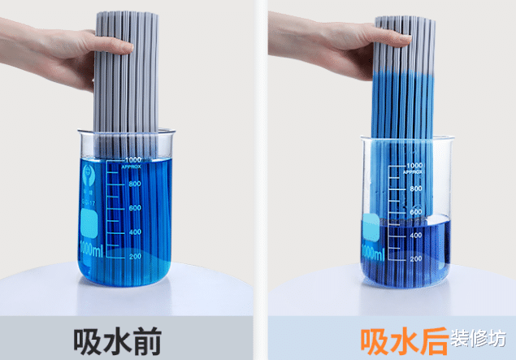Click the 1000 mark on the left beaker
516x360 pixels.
132,160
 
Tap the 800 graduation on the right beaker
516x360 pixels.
416,189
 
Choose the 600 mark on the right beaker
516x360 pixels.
416,212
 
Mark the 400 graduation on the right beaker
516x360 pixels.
416,235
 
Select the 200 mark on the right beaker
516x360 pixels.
416,258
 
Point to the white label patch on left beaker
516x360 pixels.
89,221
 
